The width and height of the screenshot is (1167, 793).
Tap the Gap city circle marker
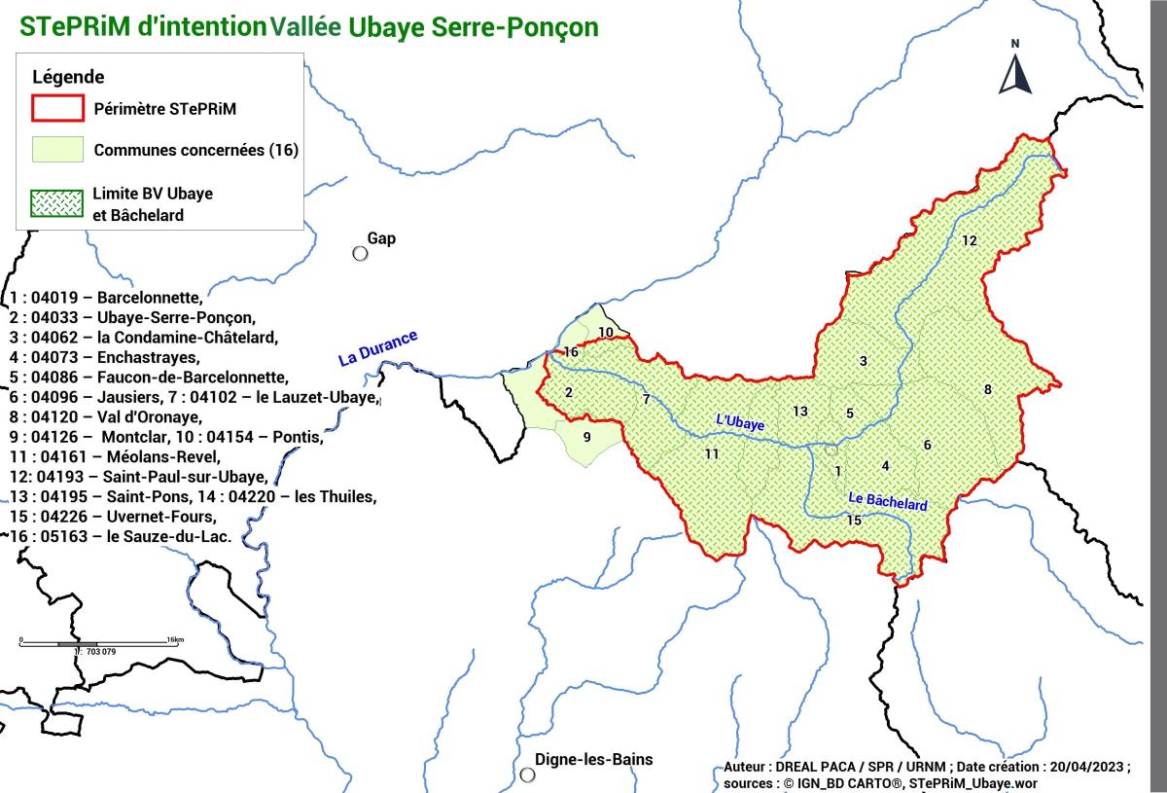tap(360, 253)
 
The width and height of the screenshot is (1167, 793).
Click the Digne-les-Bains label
tap(594, 760)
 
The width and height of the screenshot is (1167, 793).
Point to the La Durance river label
tap(377, 348)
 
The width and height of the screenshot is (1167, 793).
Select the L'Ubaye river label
tap(740, 422)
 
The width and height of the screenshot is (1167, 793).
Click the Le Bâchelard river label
tap(888, 502)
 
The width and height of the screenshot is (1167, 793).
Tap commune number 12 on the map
tap(969, 240)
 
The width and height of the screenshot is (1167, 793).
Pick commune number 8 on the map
tap(988, 390)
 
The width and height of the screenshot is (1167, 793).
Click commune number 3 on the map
tap(863, 362)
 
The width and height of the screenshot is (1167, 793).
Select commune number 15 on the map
tap(854, 521)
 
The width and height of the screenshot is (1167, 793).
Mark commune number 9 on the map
tap(586, 437)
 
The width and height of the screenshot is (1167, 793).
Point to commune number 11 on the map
tap(712, 454)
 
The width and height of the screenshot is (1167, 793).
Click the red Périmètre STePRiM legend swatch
tap(57, 109)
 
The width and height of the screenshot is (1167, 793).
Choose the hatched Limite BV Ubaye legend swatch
tap(57, 203)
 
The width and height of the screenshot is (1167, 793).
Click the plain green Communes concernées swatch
tap(57, 150)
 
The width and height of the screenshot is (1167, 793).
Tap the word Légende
tap(68, 77)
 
